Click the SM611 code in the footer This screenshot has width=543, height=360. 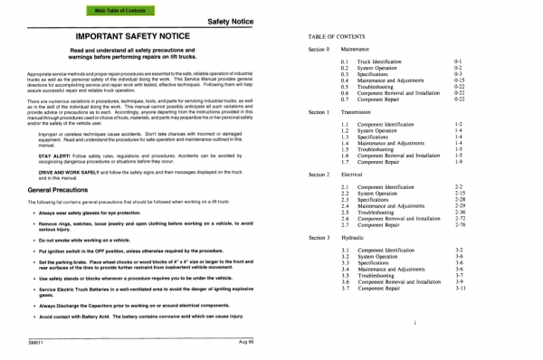click(35, 343)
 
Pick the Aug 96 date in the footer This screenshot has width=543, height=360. click(247, 343)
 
